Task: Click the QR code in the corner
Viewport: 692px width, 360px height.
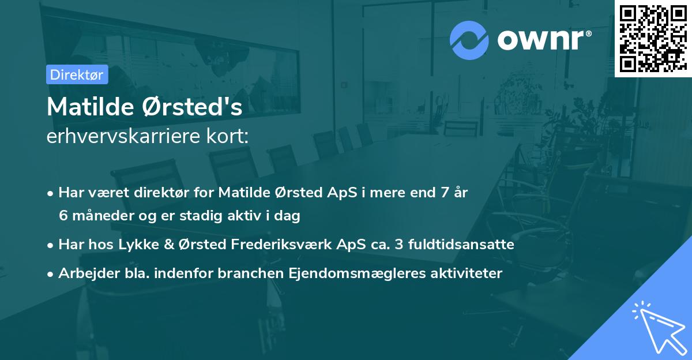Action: (x=653, y=39)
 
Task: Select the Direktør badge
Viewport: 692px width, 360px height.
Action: (x=77, y=74)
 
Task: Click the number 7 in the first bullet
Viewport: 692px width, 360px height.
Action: (x=443, y=193)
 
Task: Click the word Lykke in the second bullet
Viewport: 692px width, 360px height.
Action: (x=137, y=245)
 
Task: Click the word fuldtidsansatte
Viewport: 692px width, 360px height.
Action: (x=461, y=245)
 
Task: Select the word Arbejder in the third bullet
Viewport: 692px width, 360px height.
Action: (x=84, y=273)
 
